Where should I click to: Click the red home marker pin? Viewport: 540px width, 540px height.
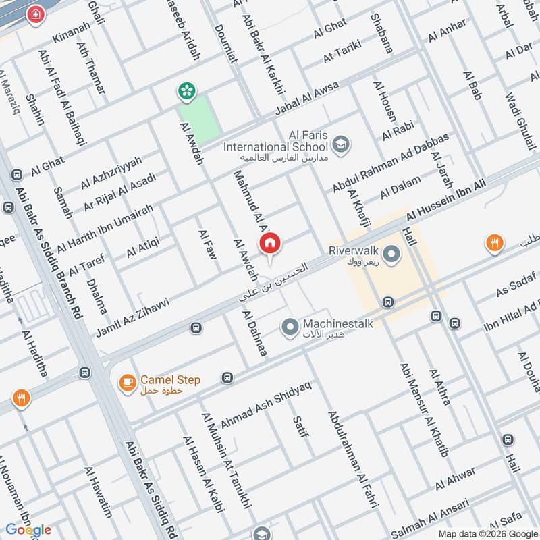coord(270,243)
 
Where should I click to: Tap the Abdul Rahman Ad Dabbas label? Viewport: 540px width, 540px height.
coord(390,163)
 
